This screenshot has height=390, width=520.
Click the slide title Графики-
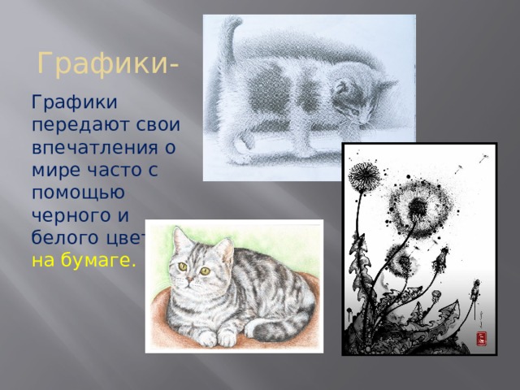[x=110, y=63]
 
